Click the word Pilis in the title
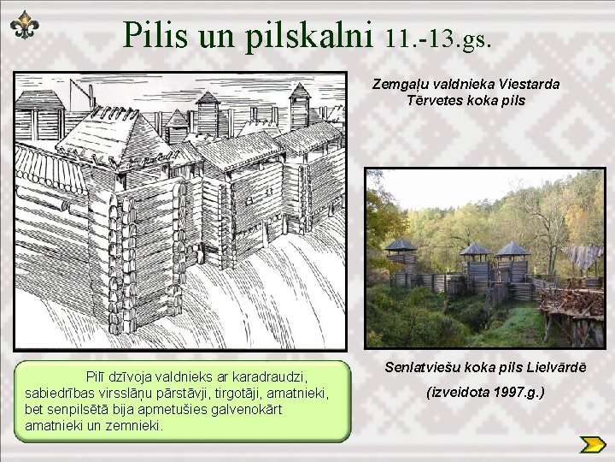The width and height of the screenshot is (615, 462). coord(159,34)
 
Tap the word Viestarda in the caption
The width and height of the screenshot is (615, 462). coord(530,85)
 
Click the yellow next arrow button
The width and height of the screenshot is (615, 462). coord(592,443)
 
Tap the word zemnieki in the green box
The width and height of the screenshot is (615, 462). coord(136,425)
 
